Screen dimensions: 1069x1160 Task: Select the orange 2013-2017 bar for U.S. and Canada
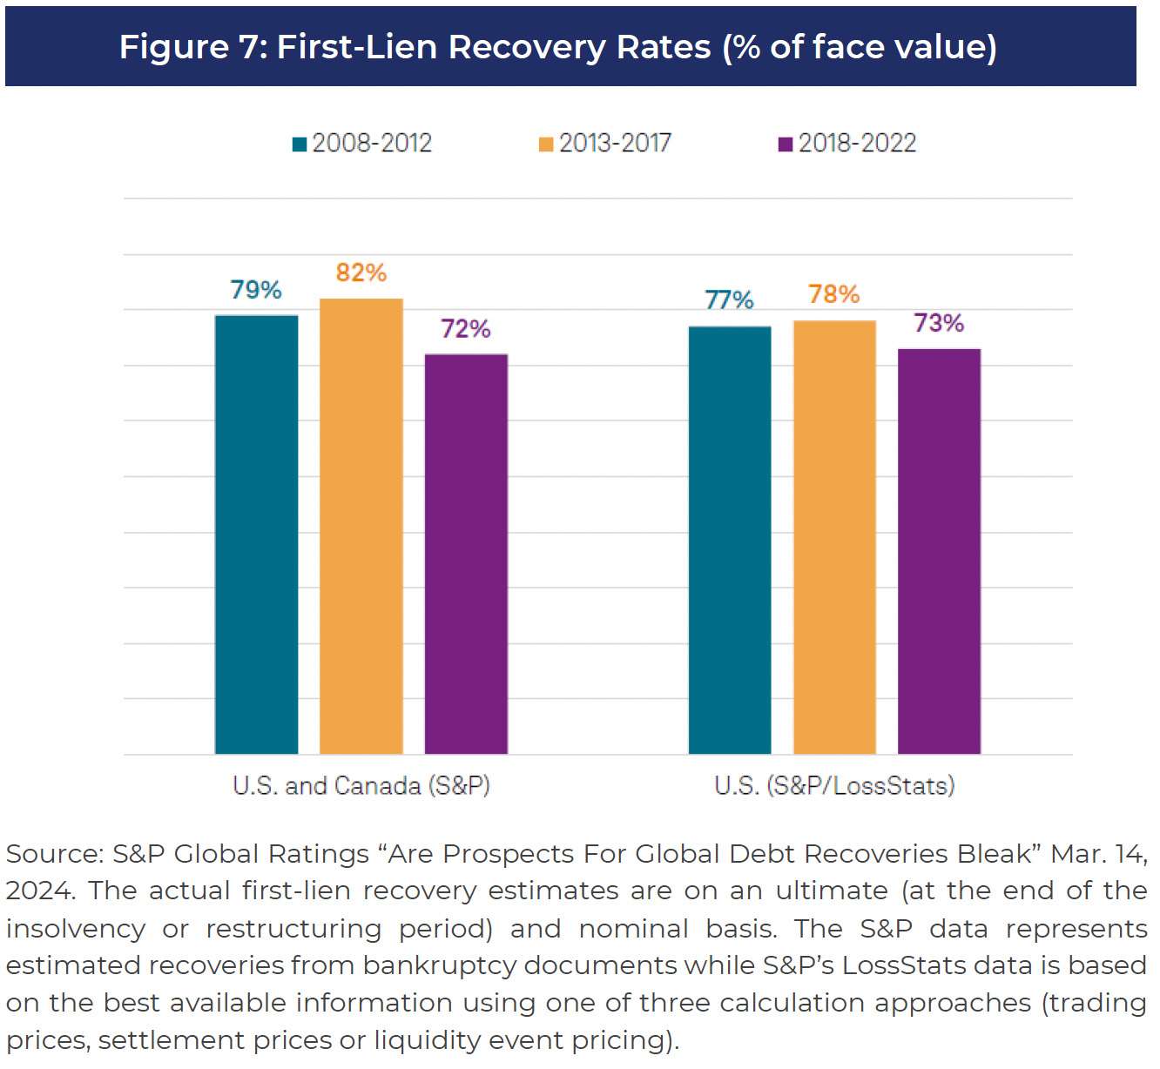pos(361,526)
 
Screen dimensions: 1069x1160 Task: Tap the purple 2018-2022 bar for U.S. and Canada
pos(466,554)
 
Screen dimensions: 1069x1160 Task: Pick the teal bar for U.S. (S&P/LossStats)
pos(730,540)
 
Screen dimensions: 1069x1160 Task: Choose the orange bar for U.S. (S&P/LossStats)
pos(834,537)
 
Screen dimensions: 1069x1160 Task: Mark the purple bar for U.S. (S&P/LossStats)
pos(939,551)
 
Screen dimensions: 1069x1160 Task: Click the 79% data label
pos(256,290)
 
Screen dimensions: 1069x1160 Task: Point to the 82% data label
pos(361,272)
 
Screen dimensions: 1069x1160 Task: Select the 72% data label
pos(466,329)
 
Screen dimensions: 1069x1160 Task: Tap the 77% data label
pos(730,300)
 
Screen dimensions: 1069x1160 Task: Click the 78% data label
pos(834,294)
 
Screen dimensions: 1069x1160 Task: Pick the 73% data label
pos(939,324)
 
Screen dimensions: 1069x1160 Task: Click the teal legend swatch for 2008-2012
pos(300,145)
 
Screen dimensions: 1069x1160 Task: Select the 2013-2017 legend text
pos(615,143)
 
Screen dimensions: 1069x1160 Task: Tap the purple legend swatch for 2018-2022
pos(786,145)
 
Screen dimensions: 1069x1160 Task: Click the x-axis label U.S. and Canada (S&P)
pos(361,786)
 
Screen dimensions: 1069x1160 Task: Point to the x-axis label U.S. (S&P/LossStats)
pos(834,786)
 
